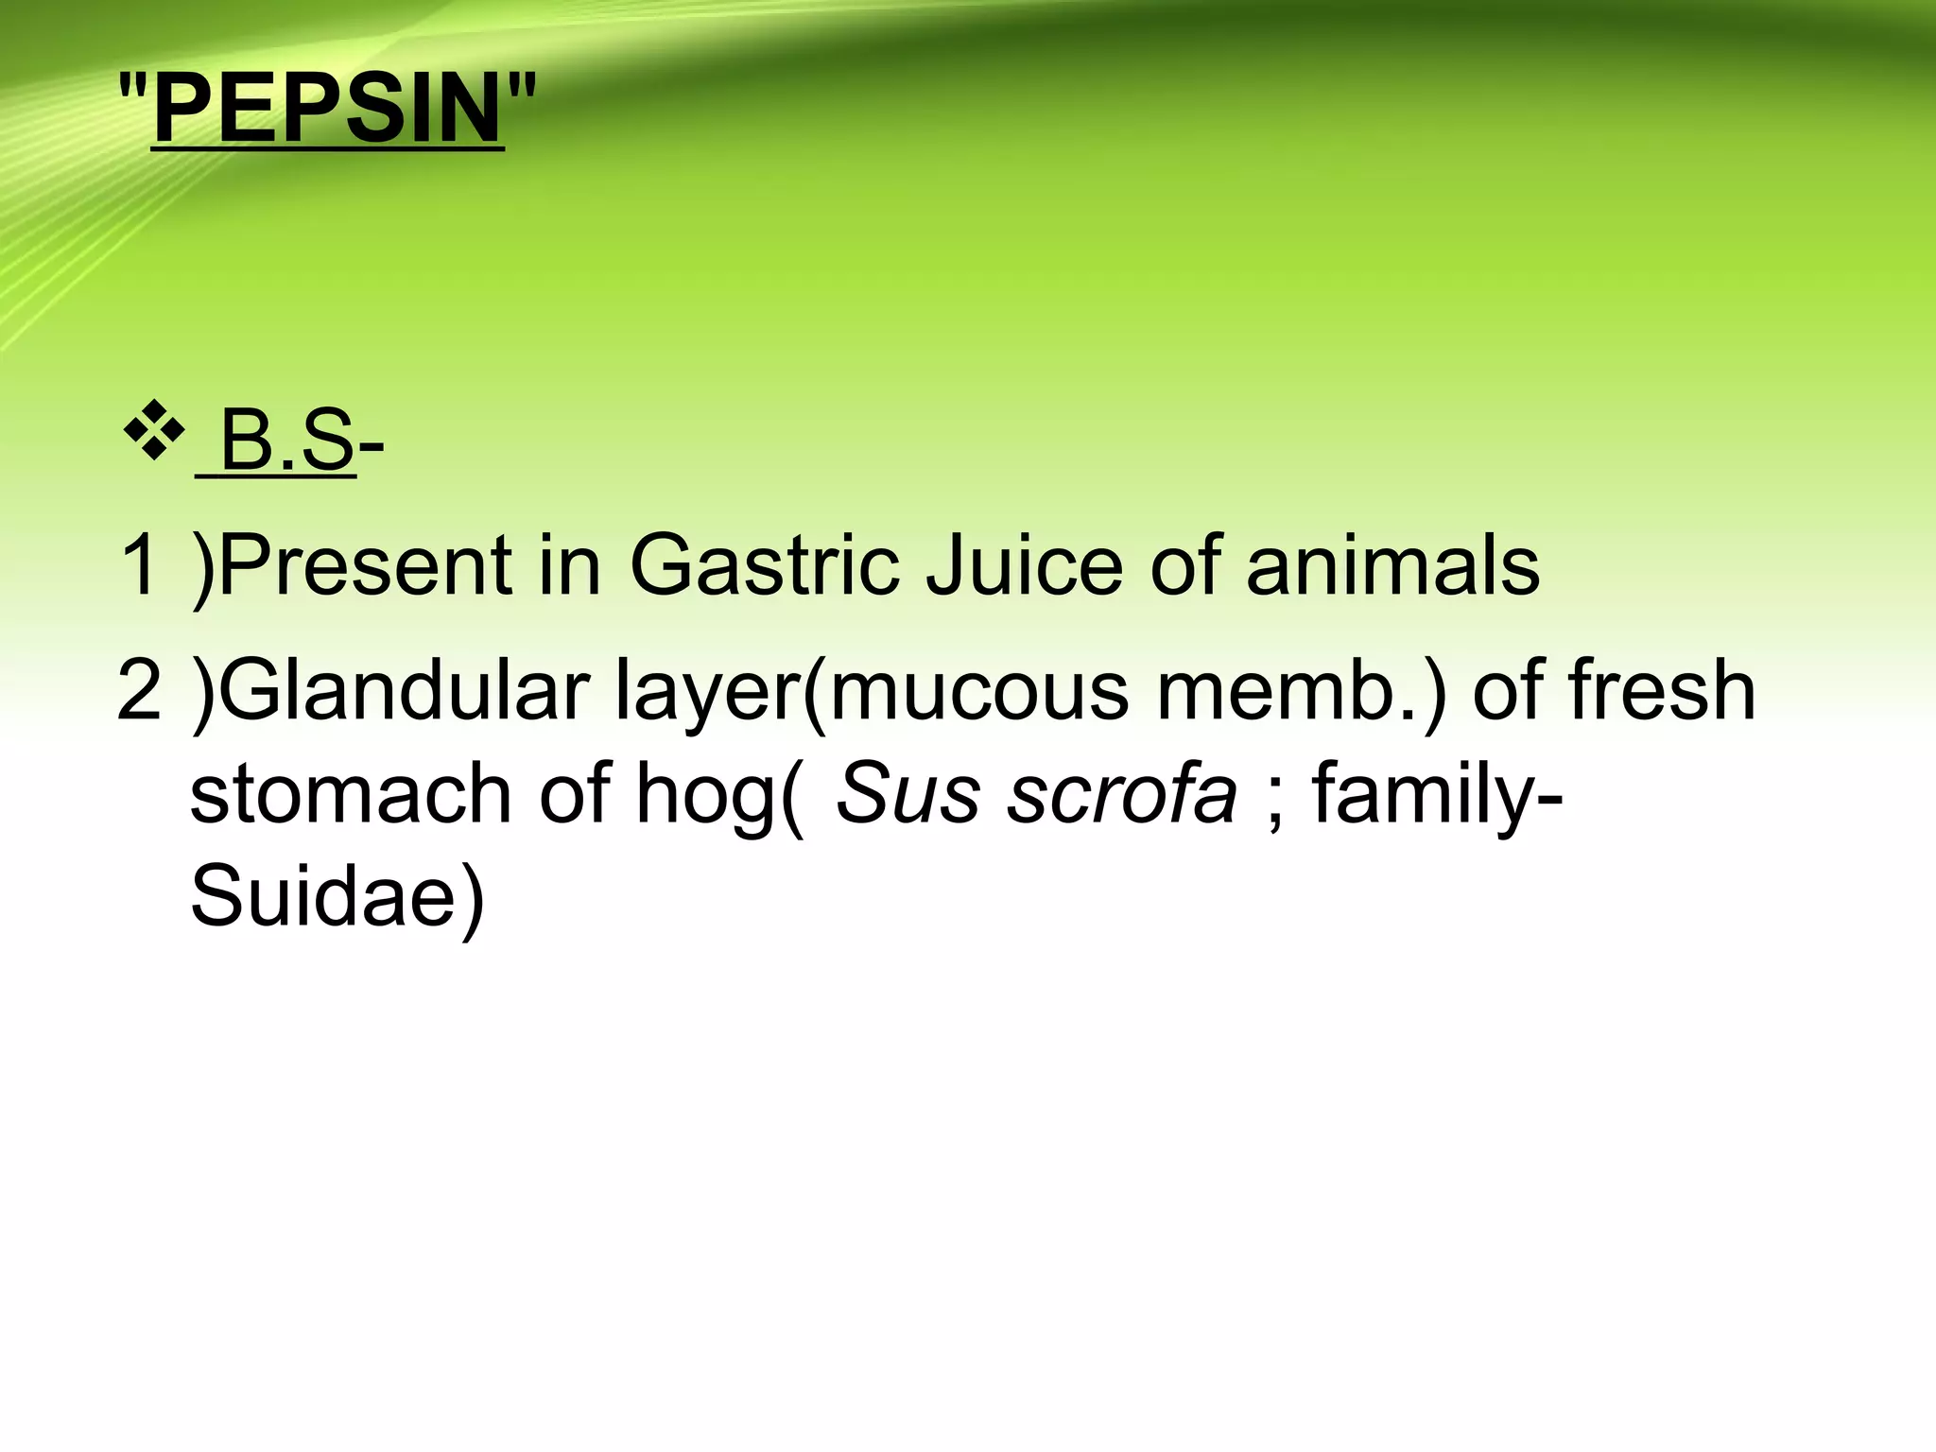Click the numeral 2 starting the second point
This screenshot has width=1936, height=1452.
pos(140,689)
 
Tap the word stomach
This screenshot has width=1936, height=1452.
pos(351,793)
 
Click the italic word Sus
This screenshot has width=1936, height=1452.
pos(907,793)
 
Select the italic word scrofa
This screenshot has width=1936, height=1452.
pos(1121,793)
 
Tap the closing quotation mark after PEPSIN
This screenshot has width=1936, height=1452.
pos(521,89)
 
